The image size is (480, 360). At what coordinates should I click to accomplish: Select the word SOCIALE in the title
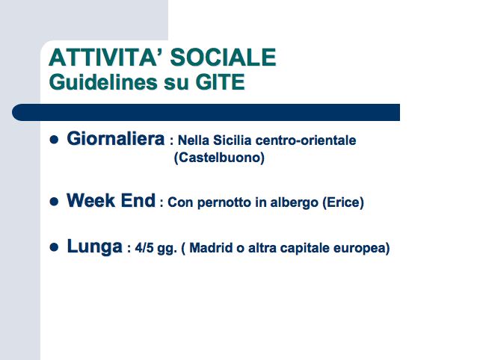pos(224,58)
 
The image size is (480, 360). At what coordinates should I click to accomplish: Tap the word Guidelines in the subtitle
pos(104,82)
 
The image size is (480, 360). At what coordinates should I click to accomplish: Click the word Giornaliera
pos(116,139)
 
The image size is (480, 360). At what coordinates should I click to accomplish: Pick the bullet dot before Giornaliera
pos(54,140)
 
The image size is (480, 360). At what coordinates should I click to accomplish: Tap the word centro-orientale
pos(306,140)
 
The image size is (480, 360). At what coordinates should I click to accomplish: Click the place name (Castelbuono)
pos(219,158)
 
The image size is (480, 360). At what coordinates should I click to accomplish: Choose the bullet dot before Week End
pos(54,201)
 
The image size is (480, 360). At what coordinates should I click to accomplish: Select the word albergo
pos(294,202)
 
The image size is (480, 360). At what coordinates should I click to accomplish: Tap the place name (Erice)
pos(343,202)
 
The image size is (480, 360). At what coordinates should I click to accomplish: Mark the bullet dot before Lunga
pos(54,246)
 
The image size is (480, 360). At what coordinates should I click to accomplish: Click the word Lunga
pos(95,246)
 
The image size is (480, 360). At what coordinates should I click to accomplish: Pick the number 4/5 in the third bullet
pos(144,248)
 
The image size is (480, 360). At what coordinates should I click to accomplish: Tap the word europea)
pos(362,248)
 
